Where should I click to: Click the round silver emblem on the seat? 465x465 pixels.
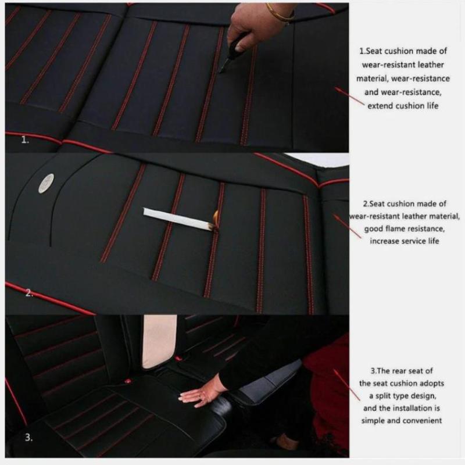[x=46, y=183]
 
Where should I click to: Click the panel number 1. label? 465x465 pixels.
[x=25, y=139]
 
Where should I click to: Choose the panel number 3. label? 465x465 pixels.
[x=28, y=438]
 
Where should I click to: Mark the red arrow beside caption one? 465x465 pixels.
[x=349, y=95]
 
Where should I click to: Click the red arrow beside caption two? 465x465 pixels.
[x=348, y=226]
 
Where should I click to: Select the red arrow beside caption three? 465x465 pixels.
[x=346, y=385]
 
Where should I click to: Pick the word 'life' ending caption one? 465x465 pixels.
[x=432, y=106]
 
